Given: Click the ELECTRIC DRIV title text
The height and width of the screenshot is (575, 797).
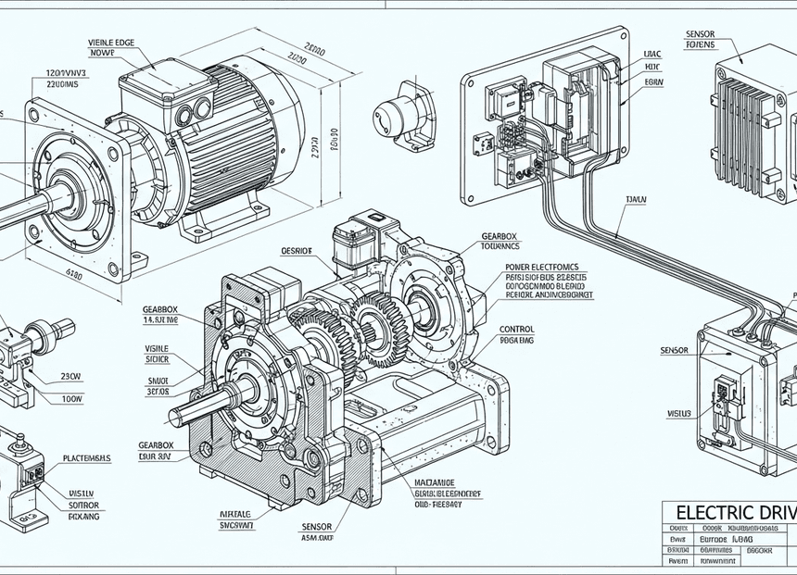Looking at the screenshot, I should click(731, 512).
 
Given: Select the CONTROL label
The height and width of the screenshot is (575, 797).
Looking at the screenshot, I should click(516, 329).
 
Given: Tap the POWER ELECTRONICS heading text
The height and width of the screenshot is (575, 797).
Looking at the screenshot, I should click(546, 267).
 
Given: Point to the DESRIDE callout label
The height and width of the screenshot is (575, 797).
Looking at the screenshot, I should click(297, 251).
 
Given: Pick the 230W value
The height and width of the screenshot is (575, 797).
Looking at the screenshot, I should click(71, 377).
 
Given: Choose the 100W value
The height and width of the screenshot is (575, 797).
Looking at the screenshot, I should click(71, 399).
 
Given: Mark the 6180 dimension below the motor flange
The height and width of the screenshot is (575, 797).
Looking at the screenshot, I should click(74, 274).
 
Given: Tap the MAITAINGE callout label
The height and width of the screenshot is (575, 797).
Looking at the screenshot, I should click(434, 482).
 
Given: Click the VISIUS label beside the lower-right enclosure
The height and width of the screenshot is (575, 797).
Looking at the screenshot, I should click(679, 413).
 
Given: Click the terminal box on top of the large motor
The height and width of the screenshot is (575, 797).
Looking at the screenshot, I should click(165, 88).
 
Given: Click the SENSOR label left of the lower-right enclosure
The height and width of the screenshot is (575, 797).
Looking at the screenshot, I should click(674, 351).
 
